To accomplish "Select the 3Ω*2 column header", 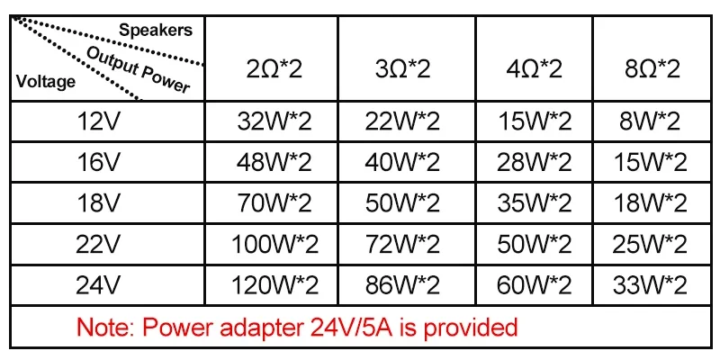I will pyautogui.click(x=402, y=67).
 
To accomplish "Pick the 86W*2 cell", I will pyautogui.click(x=402, y=286).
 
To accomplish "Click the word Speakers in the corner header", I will pyautogui.click(x=156, y=31).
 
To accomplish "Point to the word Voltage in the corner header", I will pyautogui.click(x=46, y=82).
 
